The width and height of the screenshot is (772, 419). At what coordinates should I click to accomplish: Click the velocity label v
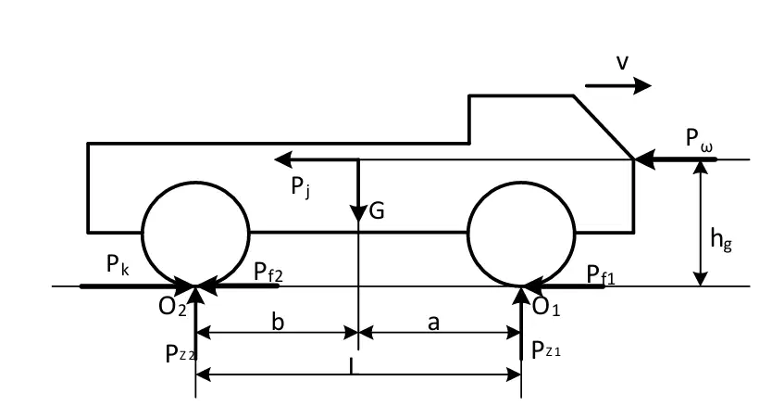tap(622, 63)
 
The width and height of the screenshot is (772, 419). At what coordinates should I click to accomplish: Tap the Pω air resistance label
tap(699, 139)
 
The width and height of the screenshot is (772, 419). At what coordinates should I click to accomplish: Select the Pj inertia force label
tap(301, 187)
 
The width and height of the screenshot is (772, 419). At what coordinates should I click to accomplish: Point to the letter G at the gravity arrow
tap(376, 211)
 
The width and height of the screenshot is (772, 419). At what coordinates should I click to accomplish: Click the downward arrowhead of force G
tap(358, 213)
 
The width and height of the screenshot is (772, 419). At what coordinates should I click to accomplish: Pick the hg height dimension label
tap(721, 240)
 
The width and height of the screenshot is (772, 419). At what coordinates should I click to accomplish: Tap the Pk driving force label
tap(118, 265)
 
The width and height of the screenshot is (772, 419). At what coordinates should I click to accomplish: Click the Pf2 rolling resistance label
tap(268, 273)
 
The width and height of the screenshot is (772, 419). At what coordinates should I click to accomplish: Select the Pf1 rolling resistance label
tap(601, 274)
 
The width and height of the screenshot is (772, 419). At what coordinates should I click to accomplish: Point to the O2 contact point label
tap(172, 307)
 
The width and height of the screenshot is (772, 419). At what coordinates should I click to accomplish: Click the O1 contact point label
tap(546, 307)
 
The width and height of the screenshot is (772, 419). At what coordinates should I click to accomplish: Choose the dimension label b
tap(278, 322)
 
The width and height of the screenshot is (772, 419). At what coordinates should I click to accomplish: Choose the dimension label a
tap(433, 324)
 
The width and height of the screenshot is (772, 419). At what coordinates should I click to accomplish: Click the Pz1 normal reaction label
tap(546, 350)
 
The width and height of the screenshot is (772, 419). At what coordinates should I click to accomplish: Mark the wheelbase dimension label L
tap(351, 366)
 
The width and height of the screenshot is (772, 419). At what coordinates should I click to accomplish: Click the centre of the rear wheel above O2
tap(196, 235)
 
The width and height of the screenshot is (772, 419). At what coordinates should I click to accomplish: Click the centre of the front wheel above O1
tap(521, 235)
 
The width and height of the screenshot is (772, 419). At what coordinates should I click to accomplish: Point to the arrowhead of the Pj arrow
tap(282, 159)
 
